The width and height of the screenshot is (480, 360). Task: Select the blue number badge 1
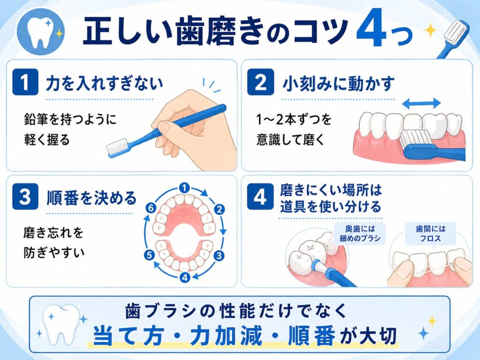tap(25, 82)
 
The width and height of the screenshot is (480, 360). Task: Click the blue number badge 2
tap(261, 82)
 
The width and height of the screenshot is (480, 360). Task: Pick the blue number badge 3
tap(25, 196)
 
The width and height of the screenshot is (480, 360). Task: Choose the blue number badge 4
tap(260, 196)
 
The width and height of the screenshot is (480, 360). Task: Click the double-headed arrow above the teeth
tap(421, 104)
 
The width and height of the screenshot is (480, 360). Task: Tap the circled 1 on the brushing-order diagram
tap(184, 188)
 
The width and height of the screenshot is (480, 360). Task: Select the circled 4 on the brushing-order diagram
tap(185, 277)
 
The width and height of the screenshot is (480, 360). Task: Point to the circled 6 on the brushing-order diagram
tap(150, 209)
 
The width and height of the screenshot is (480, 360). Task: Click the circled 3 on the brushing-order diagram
tap(218, 255)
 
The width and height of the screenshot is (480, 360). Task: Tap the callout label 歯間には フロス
tap(431, 233)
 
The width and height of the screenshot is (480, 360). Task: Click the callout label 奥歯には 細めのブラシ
tap(360, 233)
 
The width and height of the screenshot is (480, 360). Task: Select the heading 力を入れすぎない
tap(105, 83)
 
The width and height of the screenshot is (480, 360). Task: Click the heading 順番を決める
tap(91, 198)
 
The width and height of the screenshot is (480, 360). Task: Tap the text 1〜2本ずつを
tap(294, 119)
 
